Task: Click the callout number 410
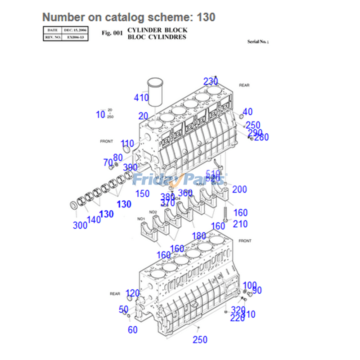pyautogui.click(x=141, y=97)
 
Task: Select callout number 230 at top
pyautogui.click(x=210, y=81)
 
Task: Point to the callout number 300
pyautogui.click(x=80, y=225)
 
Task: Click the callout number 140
pyautogui.click(x=94, y=220)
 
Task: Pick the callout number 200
pyautogui.click(x=239, y=189)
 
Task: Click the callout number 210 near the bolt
pyautogui.click(x=240, y=224)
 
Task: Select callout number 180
pyautogui.click(x=199, y=236)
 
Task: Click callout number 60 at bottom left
pyautogui.click(x=132, y=330)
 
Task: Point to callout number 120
pyautogui.click(x=132, y=293)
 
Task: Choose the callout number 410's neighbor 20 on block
pyautogui.click(x=143, y=115)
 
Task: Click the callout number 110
pyautogui.click(x=127, y=144)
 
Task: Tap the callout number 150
pyautogui.click(x=142, y=194)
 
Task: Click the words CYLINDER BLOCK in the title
pyautogui.click(x=157, y=30)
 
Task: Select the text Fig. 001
pyautogui.click(x=112, y=33)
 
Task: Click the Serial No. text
pyautogui.click(x=257, y=41)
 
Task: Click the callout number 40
pyautogui.click(x=247, y=112)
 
